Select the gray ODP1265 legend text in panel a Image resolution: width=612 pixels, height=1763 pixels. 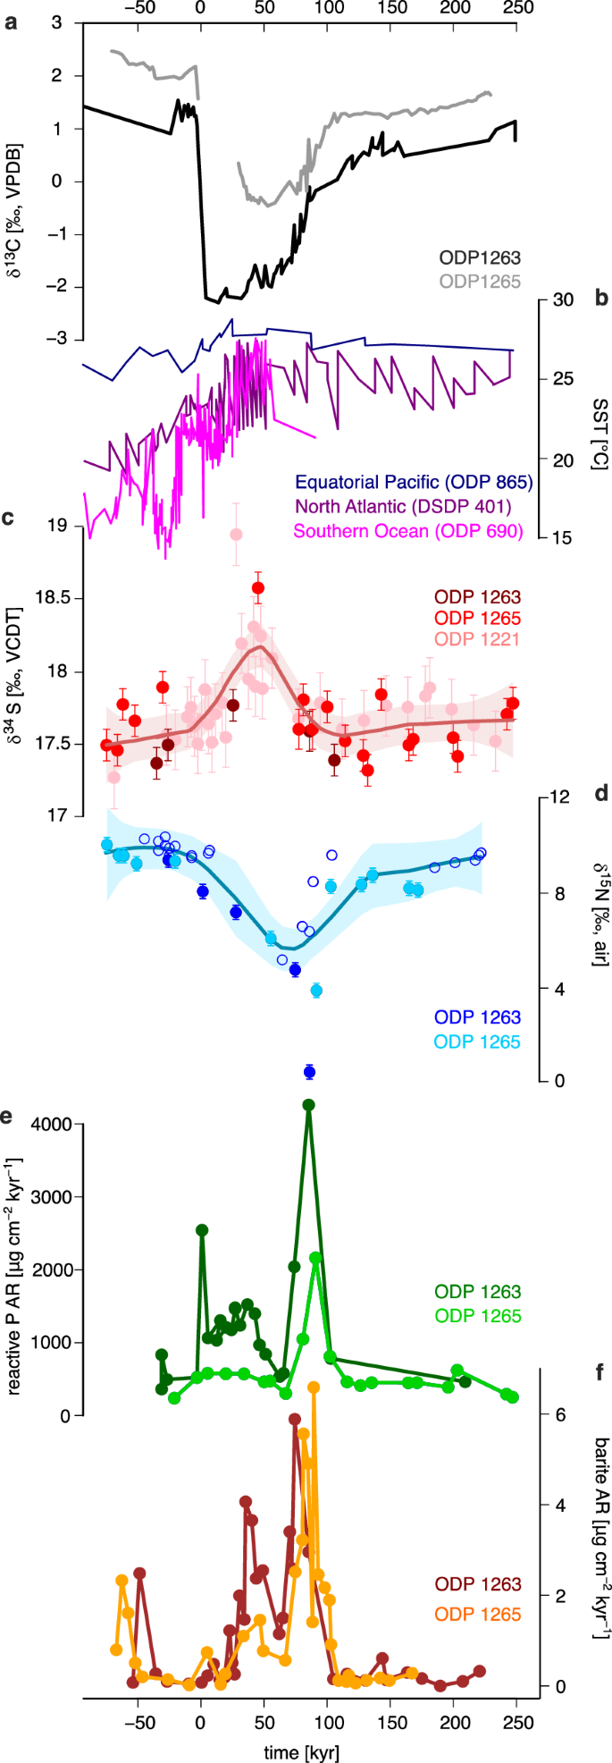479,281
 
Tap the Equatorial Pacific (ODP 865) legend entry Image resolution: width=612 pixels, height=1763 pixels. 414,482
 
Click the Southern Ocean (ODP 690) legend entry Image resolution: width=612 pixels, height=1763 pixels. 408,532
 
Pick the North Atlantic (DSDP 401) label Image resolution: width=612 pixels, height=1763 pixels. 403,507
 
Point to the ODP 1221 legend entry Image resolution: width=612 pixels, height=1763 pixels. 477,639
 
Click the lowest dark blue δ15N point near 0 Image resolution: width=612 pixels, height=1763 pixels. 309,1072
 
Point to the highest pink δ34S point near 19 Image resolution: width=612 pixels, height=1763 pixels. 236,535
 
